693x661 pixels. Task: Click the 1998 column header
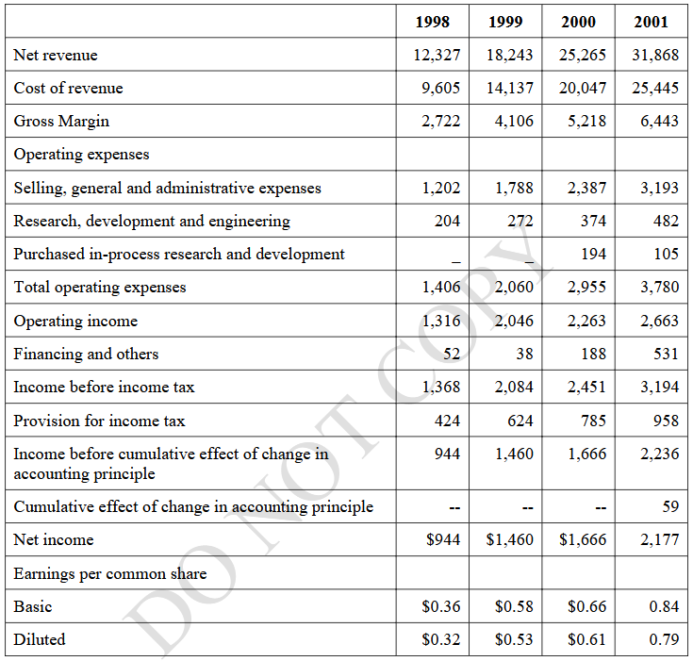(432, 22)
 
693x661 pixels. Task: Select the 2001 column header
(651, 22)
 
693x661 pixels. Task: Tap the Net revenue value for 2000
(583, 55)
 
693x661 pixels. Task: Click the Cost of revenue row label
(68, 88)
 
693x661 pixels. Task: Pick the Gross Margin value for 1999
(514, 121)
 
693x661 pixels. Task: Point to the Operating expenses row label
(81, 155)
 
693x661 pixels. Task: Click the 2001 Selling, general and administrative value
(659, 188)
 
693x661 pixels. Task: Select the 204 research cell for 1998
(447, 221)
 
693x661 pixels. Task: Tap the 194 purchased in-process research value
(593, 254)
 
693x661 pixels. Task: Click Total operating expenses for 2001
(659, 287)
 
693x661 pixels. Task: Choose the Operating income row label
(75, 321)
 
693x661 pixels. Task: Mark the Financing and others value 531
(666, 354)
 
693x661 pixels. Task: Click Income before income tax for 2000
(586, 387)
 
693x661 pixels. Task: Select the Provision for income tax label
(99, 421)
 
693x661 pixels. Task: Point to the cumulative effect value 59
(670, 506)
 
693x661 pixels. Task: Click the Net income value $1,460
(509, 539)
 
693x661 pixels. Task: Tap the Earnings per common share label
(110, 573)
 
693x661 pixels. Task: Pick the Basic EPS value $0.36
(440, 606)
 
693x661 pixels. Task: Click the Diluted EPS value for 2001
(664, 639)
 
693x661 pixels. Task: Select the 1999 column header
(505, 22)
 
